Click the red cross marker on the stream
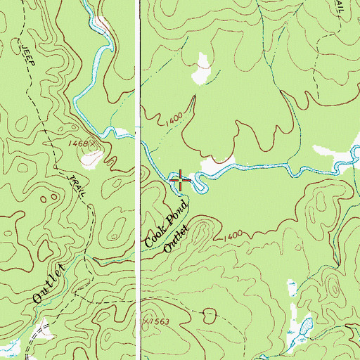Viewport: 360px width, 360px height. tap(180, 180)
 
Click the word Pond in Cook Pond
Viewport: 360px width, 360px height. tap(176, 211)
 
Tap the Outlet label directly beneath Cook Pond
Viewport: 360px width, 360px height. tap(177, 239)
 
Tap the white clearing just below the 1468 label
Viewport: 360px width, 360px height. tap(90, 159)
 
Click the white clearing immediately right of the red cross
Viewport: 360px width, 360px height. tap(211, 167)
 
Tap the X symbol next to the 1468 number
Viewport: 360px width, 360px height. tap(101, 143)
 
